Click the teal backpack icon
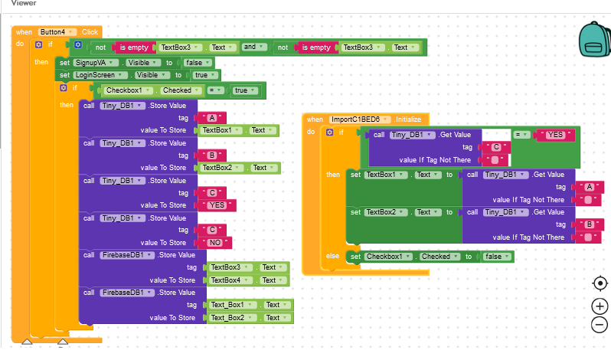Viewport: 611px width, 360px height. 591,38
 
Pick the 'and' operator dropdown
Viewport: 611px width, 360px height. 252,47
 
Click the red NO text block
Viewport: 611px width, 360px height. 217,243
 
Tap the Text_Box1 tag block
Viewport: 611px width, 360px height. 231,305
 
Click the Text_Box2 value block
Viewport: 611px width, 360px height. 231,317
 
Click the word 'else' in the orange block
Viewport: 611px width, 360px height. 332,256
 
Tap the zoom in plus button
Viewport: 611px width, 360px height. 600,306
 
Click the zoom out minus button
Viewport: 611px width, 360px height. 600,324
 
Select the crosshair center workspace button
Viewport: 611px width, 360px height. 600,283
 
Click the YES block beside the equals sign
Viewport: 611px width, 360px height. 555,135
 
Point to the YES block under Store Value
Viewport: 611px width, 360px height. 218,205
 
